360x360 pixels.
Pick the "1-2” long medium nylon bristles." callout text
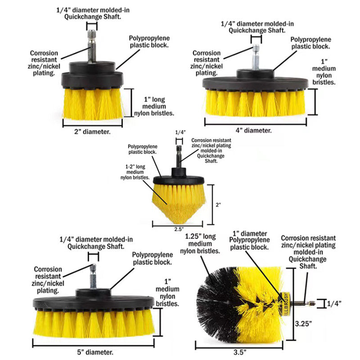click(133, 172)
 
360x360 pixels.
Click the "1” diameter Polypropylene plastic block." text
click(250, 240)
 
